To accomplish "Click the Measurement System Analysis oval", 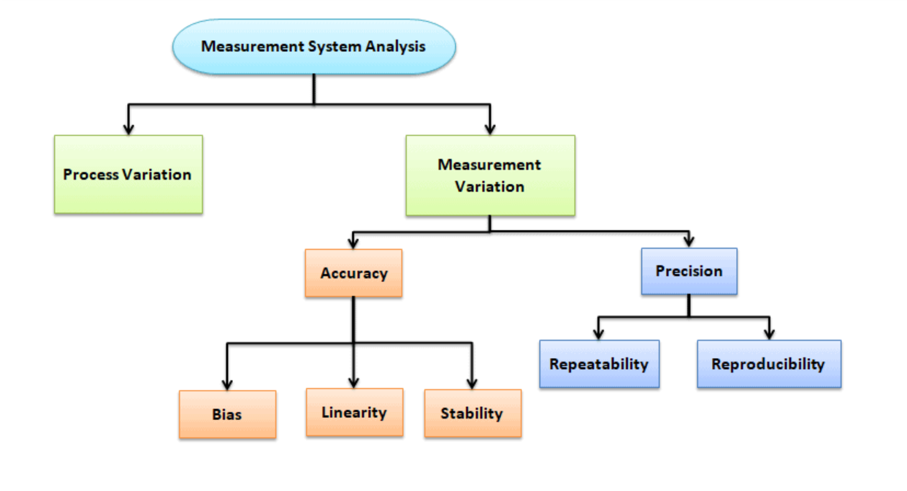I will point(314,47).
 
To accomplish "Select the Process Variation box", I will point(128,174).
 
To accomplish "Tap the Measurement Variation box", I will point(490,175).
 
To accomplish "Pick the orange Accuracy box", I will point(353,273).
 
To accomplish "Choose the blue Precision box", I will point(689,271).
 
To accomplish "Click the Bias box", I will point(227,414).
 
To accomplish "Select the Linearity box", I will point(354,412).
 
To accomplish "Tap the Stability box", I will point(472,414).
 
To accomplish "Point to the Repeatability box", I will point(599,364).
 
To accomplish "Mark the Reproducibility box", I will point(768,364).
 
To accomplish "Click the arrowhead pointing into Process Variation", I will point(129,129).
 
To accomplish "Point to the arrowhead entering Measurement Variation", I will point(490,129).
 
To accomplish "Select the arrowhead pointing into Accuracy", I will point(353,243).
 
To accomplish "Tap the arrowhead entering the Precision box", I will point(689,242).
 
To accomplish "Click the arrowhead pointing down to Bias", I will point(227,384).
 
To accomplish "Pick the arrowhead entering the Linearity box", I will point(354,381).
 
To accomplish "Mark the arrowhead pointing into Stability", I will point(472,382).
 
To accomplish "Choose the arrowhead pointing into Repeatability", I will point(599,333).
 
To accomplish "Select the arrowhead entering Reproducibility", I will point(768,333).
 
